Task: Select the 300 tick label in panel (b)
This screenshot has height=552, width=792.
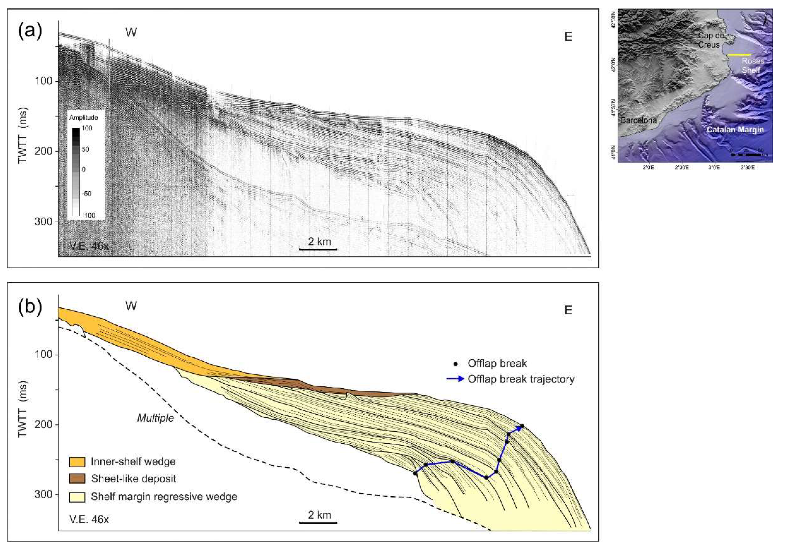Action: (x=44, y=494)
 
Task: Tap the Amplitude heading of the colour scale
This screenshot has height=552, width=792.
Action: (x=83, y=117)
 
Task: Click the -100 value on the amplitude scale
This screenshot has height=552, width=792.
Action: (x=88, y=215)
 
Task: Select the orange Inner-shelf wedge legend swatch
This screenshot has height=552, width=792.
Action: (x=77, y=462)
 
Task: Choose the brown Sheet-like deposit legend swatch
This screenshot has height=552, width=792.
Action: (x=77, y=479)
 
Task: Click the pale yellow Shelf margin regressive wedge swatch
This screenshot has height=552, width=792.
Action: (x=77, y=497)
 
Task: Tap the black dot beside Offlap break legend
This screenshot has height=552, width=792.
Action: (x=456, y=364)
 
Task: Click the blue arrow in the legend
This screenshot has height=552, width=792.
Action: (x=455, y=379)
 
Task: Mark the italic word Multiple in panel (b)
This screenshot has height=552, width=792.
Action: (x=156, y=418)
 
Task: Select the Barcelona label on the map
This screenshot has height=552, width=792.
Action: (x=639, y=120)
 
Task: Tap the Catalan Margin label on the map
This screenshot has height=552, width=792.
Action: (x=735, y=130)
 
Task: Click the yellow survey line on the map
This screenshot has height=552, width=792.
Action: (x=739, y=55)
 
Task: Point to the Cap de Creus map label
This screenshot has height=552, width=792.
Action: (x=710, y=40)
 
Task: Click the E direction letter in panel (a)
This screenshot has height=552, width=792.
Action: (x=568, y=37)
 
